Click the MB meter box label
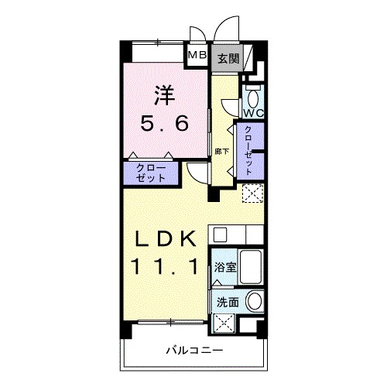click(x=197, y=55)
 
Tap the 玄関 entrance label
click(x=228, y=59)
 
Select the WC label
click(x=254, y=113)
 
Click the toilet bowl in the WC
click(x=254, y=98)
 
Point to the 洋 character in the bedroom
click(x=164, y=95)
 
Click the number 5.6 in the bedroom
click(x=164, y=123)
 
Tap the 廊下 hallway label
click(x=222, y=152)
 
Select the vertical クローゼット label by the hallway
click(x=248, y=151)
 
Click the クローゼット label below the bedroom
click(x=151, y=173)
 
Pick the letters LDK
click(x=165, y=239)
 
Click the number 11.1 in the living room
click(x=165, y=267)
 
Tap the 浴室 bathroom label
click(x=225, y=268)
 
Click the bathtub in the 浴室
click(x=252, y=266)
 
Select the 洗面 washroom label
click(x=228, y=302)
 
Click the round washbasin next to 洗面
click(x=254, y=301)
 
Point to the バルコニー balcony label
click(x=194, y=351)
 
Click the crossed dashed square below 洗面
click(x=224, y=323)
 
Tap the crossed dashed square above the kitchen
click(x=253, y=193)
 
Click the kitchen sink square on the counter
click(x=220, y=235)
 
